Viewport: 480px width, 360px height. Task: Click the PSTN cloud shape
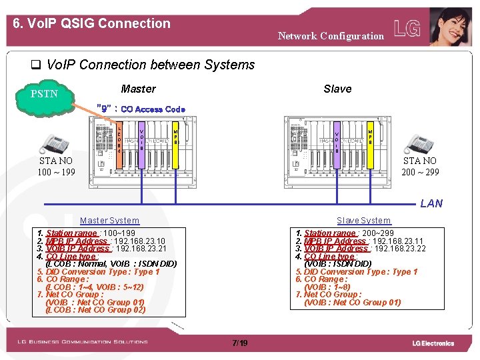pos(45,95)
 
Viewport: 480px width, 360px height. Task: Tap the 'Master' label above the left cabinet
pos(138,89)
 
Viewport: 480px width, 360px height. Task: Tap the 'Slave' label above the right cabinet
pos(337,89)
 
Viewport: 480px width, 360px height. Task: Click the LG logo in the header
pos(407,29)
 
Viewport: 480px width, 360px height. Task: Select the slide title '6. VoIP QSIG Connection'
pos(92,23)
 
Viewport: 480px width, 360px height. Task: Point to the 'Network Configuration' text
pos(331,36)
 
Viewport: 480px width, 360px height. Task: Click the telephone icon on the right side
pos(420,143)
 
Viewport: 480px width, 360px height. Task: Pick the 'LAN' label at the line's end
pos(431,203)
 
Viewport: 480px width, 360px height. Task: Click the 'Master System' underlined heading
pos(109,221)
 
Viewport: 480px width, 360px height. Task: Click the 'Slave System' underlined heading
pos(363,221)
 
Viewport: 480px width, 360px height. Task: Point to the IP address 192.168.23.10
pos(139,241)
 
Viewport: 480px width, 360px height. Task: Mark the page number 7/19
pos(239,343)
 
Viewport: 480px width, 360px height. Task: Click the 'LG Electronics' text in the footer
pos(433,343)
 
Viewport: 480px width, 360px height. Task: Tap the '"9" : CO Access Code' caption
pos(141,109)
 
